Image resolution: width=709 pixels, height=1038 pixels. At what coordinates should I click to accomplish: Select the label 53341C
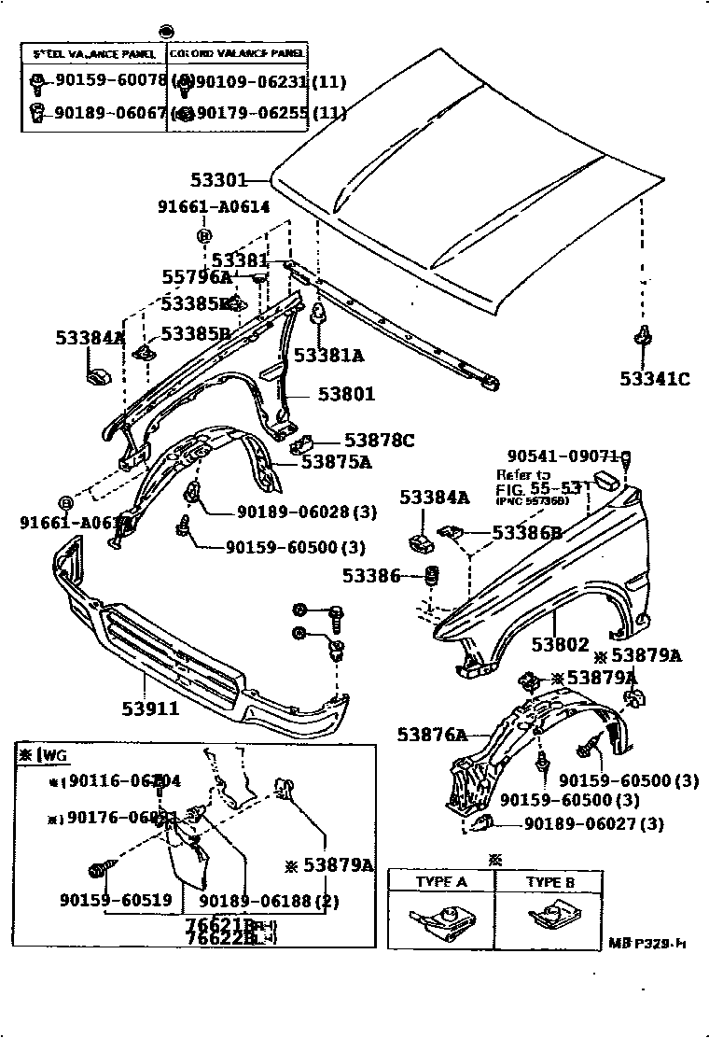(x=655, y=378)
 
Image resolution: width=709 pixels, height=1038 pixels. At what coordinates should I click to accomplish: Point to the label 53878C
(x=379, y=440)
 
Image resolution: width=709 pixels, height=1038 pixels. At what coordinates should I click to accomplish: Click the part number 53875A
(x=336, y=460)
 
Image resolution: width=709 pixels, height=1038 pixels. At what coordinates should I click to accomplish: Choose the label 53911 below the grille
(x=149, y=708)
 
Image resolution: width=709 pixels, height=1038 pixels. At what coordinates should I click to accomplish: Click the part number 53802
(x=561, y=644)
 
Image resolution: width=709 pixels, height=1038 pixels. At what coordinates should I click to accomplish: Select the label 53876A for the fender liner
(x=431, y=736)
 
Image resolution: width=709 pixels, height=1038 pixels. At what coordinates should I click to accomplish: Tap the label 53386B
(x=526, y=533)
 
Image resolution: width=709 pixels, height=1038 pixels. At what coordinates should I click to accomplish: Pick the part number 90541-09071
(x=563, y=456)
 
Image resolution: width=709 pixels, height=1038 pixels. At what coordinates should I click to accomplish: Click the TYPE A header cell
(x=441, y=882)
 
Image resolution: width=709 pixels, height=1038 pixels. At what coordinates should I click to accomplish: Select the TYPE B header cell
(x=550, y=882)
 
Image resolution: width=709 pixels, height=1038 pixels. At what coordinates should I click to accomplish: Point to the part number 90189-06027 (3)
(x=593, y=823)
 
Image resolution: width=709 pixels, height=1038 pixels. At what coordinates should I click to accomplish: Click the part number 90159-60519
(x=103, y=900)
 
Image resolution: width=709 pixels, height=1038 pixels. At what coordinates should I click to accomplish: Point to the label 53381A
(x=328, y=355)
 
